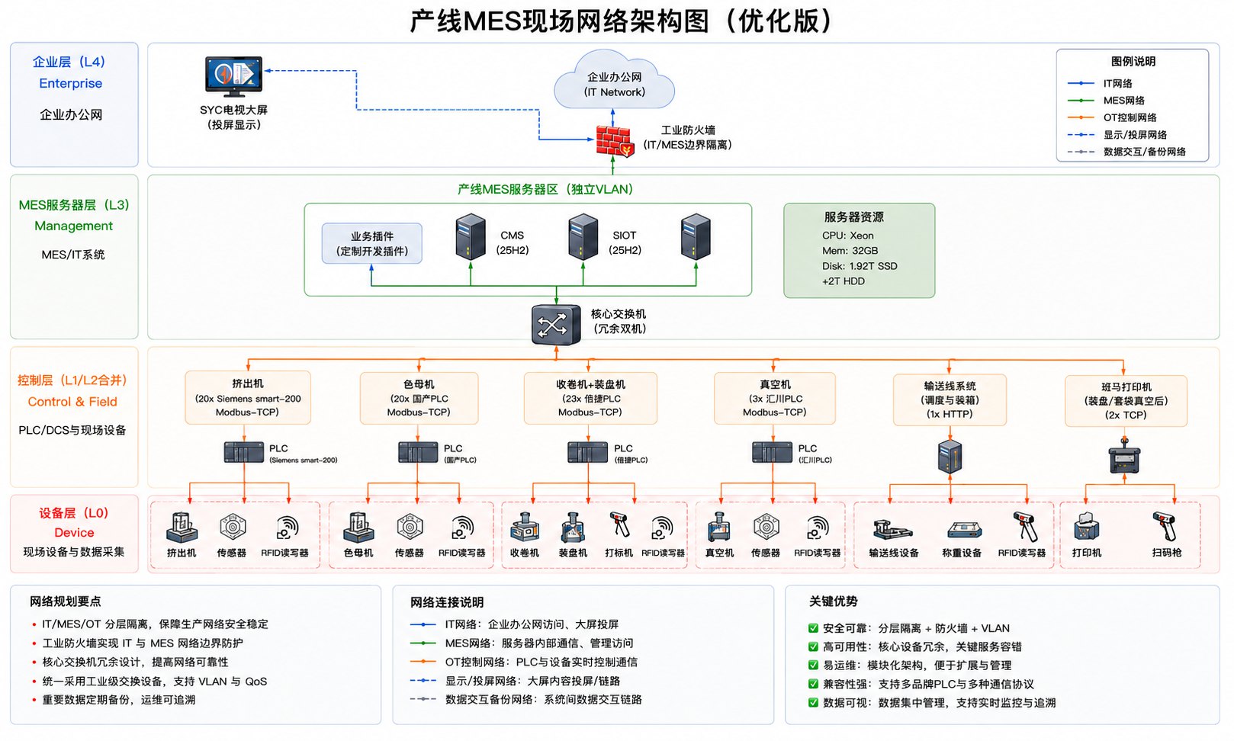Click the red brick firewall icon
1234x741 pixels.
615,141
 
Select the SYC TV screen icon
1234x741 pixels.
233,76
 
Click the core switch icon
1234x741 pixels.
556,325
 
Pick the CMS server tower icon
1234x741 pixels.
471,237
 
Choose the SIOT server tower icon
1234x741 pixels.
583,237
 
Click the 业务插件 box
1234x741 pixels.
372,243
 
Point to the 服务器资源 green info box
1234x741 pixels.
859,251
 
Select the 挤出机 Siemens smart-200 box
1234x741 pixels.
248,397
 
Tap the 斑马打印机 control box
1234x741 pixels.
1126,401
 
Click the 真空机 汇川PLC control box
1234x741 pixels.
775,398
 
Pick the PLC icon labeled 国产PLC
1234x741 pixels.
418,453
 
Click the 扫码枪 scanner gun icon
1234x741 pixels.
1165,526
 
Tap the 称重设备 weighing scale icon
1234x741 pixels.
964,530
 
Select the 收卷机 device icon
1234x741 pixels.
524,528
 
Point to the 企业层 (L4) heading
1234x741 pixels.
69,62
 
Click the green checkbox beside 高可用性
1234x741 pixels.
813,646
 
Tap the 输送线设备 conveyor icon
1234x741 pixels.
892,529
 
